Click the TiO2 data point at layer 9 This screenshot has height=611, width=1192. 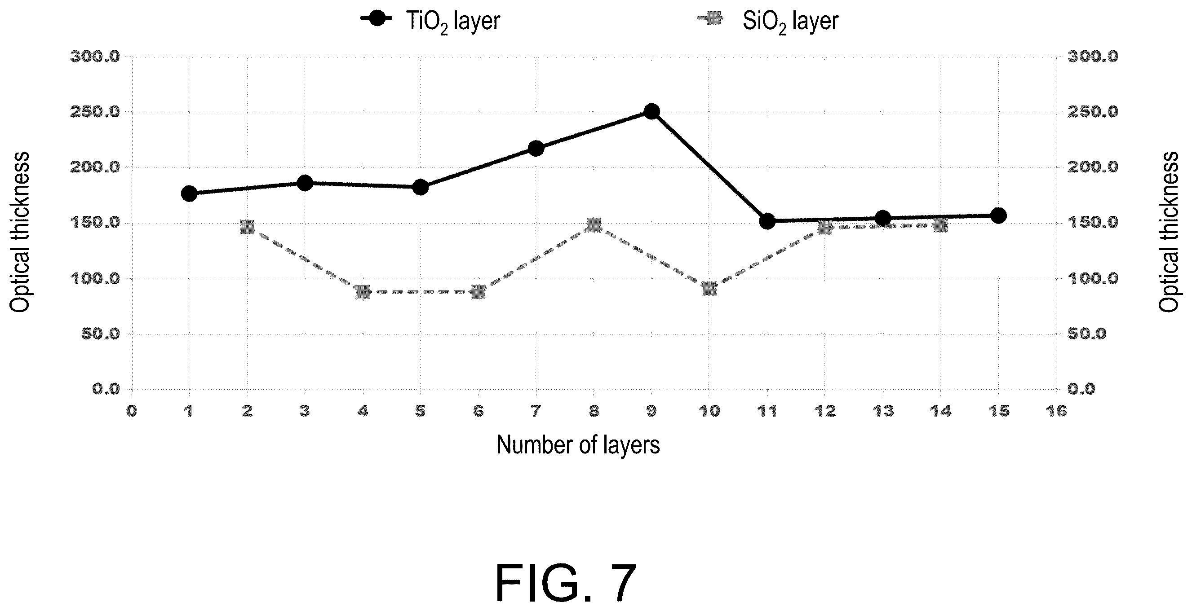pyautogui.click(x=651, y=111)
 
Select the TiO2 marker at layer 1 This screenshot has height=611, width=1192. pyautogui.click(x=189, y=193)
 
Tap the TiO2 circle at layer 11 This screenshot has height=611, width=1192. pyautogui.click(x=767, y=221)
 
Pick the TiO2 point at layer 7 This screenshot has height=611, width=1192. pyautogui.click(x=536, y=149)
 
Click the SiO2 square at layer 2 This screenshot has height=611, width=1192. pyautogui.click(x=248, y=227)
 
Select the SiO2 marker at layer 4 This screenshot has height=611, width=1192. pyautogui.click(x=363, y=292)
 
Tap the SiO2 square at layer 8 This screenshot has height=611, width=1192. pyautogui.click(x=594, y=226)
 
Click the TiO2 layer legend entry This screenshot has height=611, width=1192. pyautogui.click(x=430, y=20)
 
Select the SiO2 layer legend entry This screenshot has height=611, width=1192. pyautogui.click(x=768, y=20)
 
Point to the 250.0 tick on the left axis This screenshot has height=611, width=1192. pyautogui.click(x=94, y=112)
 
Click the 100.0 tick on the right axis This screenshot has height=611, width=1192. pyautogui.click(x=1093, y=278)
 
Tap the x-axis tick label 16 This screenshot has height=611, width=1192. pyautogui.click(x=1056, y=411)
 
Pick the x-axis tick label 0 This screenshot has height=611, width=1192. pyautogui.click(x=132, y=411)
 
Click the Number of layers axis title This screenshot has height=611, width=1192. pyautogui.click(x=578, y=444)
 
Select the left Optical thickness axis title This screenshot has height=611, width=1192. pyautogui.click(x=20, y=232)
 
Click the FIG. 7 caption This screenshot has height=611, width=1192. pyautogui.click(x=566, y=582)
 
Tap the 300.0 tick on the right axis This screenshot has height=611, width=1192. pyautogui.click(x=1093, y=57)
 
